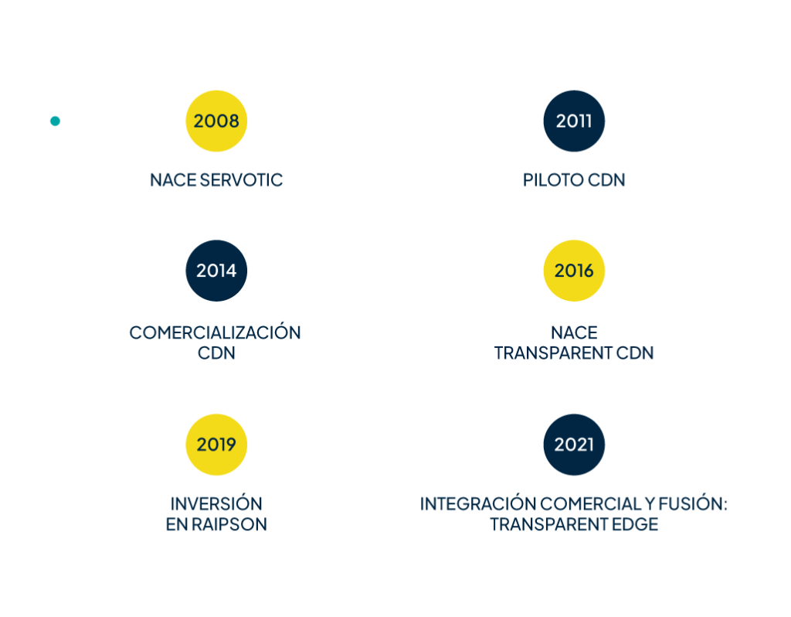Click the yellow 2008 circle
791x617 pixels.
pos(216,121)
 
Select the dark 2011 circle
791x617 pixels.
pos(574,121)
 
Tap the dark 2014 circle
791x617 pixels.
pos(216,271)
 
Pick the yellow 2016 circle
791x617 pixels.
pos(574,271)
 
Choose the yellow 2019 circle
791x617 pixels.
pos(216,445)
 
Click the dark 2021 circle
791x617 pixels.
pos(574,445)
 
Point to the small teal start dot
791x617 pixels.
pos(54,121)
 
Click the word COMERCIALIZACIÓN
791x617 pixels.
pos(215,332)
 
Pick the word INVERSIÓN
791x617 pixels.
pos(216,504)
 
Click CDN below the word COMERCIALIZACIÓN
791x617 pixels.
pos(216,353)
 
